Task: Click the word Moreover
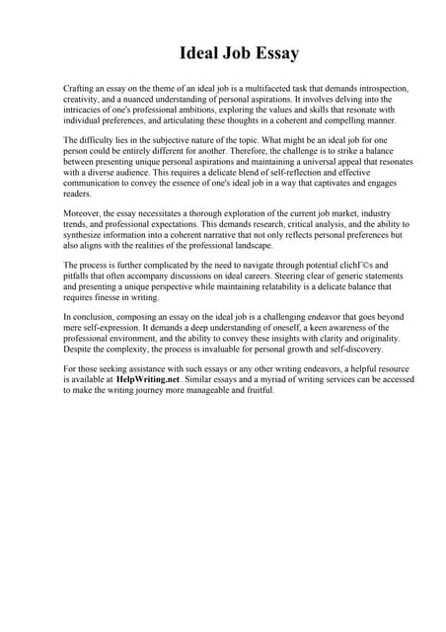84,213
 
